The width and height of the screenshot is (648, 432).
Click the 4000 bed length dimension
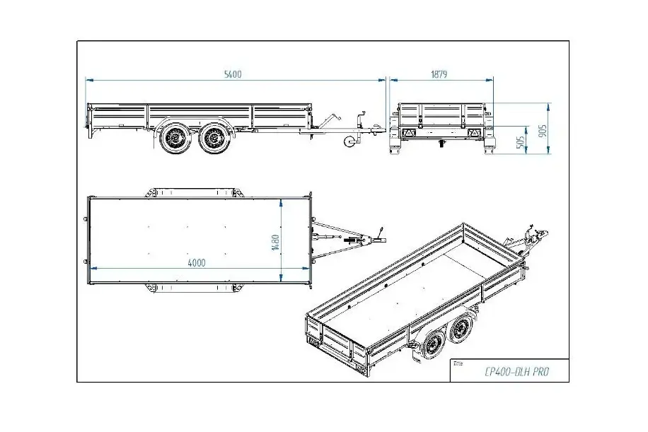coord(197,263)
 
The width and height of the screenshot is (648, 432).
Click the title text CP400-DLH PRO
coord(508,372)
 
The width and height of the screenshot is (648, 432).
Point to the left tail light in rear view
coord(407,134)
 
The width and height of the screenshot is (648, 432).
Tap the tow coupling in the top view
coord(368,242)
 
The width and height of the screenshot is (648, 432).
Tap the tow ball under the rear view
coord(441,144)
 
